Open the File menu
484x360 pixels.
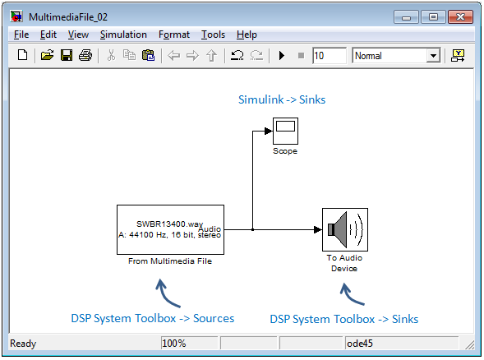pyautogui.click(x=21, y=35)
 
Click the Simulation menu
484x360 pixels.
pyautogui.click(x=123, y=35)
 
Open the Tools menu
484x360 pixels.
pyautogui.click(x=213, y=35)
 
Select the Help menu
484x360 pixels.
pyautogui.click(x=247, y=35)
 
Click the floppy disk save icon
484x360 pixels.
pyautogui.click(x=67, y=56)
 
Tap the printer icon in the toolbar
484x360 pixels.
pyautogui.click(x=85, y=56)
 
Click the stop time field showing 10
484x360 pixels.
pyautogui.click(x=329, y=56)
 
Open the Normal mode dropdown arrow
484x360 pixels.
pyautogui.click(x=433, y=56)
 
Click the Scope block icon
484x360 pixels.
pyautogui.click(x=285, y=131)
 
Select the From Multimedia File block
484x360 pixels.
pyautogui.click(x=170, y=229)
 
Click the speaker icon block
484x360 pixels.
pyautogui.click(x=345, y=229)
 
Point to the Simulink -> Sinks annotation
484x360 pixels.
pyautogui.click(x=282, y=99)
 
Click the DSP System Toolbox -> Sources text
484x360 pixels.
pyautogui.click(x=153, y=318)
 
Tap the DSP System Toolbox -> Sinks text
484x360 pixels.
pyautogui.click(x=344, y=319)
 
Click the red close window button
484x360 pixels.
pyautogui.click(x=460, y=17)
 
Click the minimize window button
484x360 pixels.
pyautogui.click(x=406, y=17)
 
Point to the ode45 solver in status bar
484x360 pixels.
pyautogui.click(x=360, y=344)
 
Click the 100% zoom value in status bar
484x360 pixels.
pyautogui.click(x=173, y=344)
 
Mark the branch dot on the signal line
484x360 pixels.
pyautogui.click(x=252, y=229)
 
